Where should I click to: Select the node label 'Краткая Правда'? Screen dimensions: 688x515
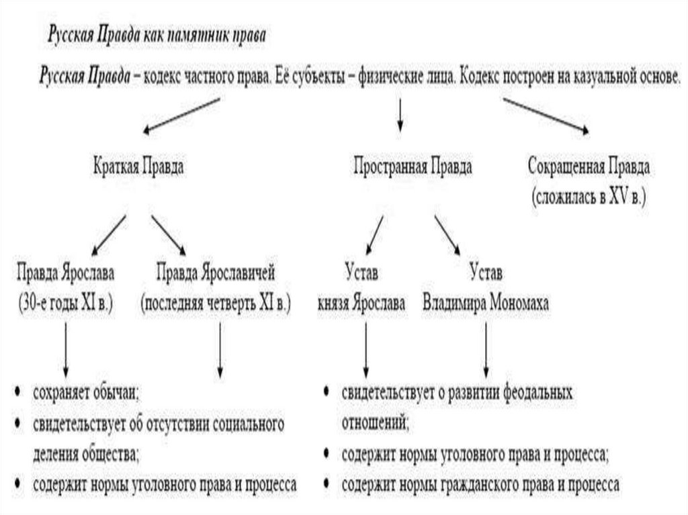138,168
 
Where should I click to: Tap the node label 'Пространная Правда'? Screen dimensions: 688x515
413,168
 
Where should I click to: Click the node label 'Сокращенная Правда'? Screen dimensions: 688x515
589,167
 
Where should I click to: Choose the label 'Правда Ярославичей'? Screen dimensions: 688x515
216,274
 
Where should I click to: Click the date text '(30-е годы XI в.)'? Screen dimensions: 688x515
65,303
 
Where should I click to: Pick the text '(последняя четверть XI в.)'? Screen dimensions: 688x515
216,303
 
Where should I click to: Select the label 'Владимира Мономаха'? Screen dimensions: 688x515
485,303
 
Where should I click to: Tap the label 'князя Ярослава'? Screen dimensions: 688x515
362,303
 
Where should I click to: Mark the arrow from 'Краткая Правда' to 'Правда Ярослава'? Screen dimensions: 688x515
108,236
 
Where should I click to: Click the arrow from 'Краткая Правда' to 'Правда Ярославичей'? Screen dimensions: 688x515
173,236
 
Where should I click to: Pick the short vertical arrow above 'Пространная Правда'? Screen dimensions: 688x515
400,115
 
